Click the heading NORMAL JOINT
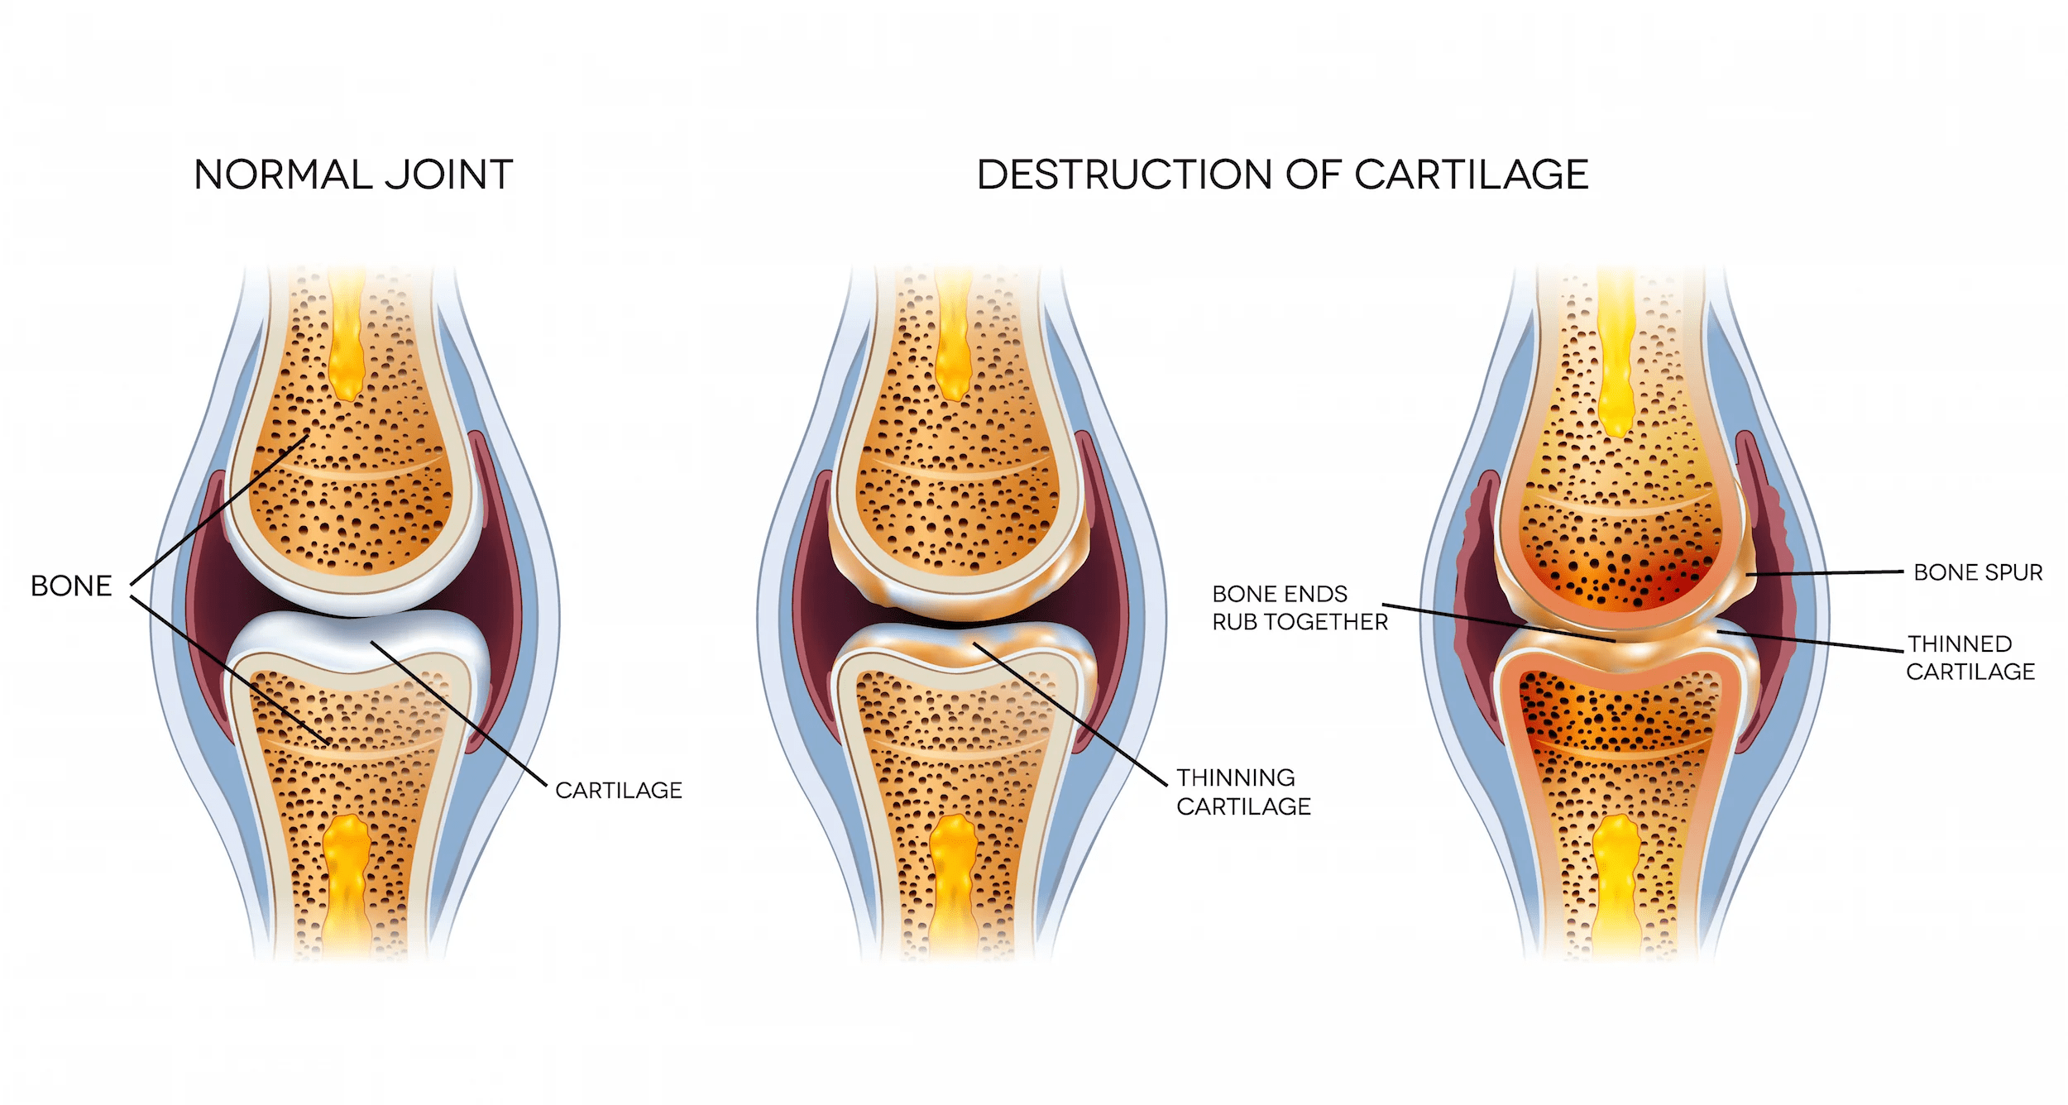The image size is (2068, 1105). click(x=353, y=175)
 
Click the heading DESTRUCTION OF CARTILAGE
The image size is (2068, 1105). click(x=1282, y=175)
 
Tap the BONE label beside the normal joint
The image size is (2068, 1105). click(x=71, y=586)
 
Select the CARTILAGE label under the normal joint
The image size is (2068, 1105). click(x=619, y=791)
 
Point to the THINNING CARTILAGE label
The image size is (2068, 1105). click(x=1243, y=792)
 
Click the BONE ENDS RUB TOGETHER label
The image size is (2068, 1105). click(x=1299, y=608)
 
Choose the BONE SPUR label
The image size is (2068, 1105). click(x=1978, y=572)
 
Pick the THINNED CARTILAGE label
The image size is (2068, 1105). click(x=1970, y=658)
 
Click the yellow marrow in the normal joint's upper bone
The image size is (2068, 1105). click(x=347, y=347)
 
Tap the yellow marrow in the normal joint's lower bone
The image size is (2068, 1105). click(x=347, y=885)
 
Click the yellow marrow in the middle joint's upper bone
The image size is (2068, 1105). click(x=954, y=347)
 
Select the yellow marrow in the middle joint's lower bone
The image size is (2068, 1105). click(x=954, y=885)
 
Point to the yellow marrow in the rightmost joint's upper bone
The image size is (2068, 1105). click(x=1616, y=356)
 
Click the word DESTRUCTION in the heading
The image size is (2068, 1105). click(x=1125, y=175)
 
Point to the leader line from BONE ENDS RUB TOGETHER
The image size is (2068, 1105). click(x=1497, y=622)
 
